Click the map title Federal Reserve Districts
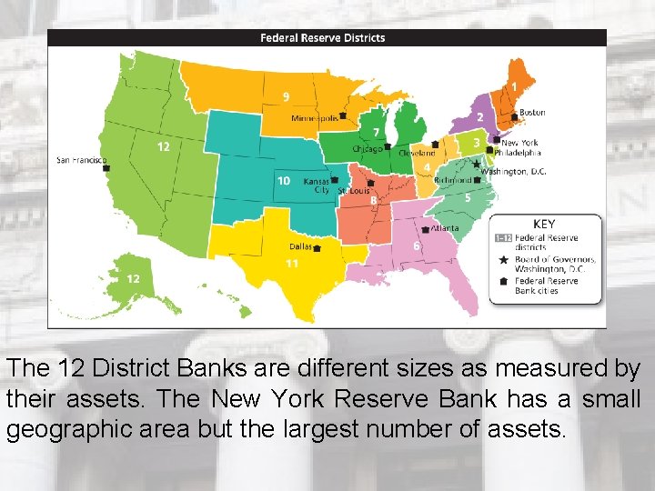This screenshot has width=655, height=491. pyautogui.click(x=322, y=38)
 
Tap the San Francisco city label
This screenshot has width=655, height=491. pyautogui.click(x=81, y=160)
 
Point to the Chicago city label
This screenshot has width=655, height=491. pyautogui.click(x=367, y=147)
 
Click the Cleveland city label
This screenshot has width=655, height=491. pyautogui.click(x=417, y=154)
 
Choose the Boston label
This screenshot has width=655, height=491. pyautogui.click(x=532, y=113)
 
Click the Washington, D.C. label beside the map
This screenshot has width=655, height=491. pyautogui.click(x=513, y=172)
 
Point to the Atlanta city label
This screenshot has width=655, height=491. pyautogui.click(x=446, y=228)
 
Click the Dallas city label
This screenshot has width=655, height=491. pyautogui.click(x=300, y=246)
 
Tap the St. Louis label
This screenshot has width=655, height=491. pyautogui.click(x=353, y=192)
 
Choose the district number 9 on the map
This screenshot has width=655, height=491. pyautogui.click(x=287, y=96)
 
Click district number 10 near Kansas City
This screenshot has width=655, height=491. pyautogui.click(x=284, y=181)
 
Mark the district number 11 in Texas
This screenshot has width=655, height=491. pyautogui.click(x=291, y=263)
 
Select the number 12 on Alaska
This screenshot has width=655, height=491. pyautogui.click(x=133, y=278)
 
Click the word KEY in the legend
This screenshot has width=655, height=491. pyautogui.click(x=544, y=225)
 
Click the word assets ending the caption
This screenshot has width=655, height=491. pyautogui.click(x=519, y=427)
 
